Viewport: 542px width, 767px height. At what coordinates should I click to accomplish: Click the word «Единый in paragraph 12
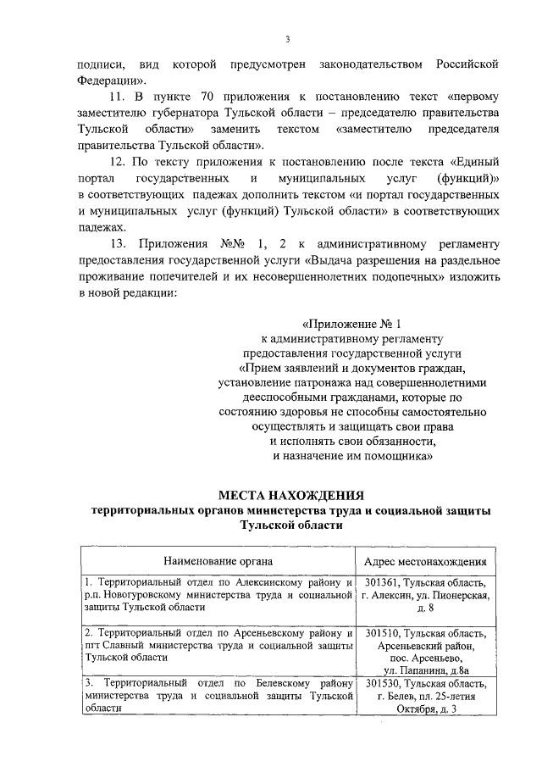[473, 162]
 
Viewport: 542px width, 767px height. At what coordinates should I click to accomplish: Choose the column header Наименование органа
[218, 560]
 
